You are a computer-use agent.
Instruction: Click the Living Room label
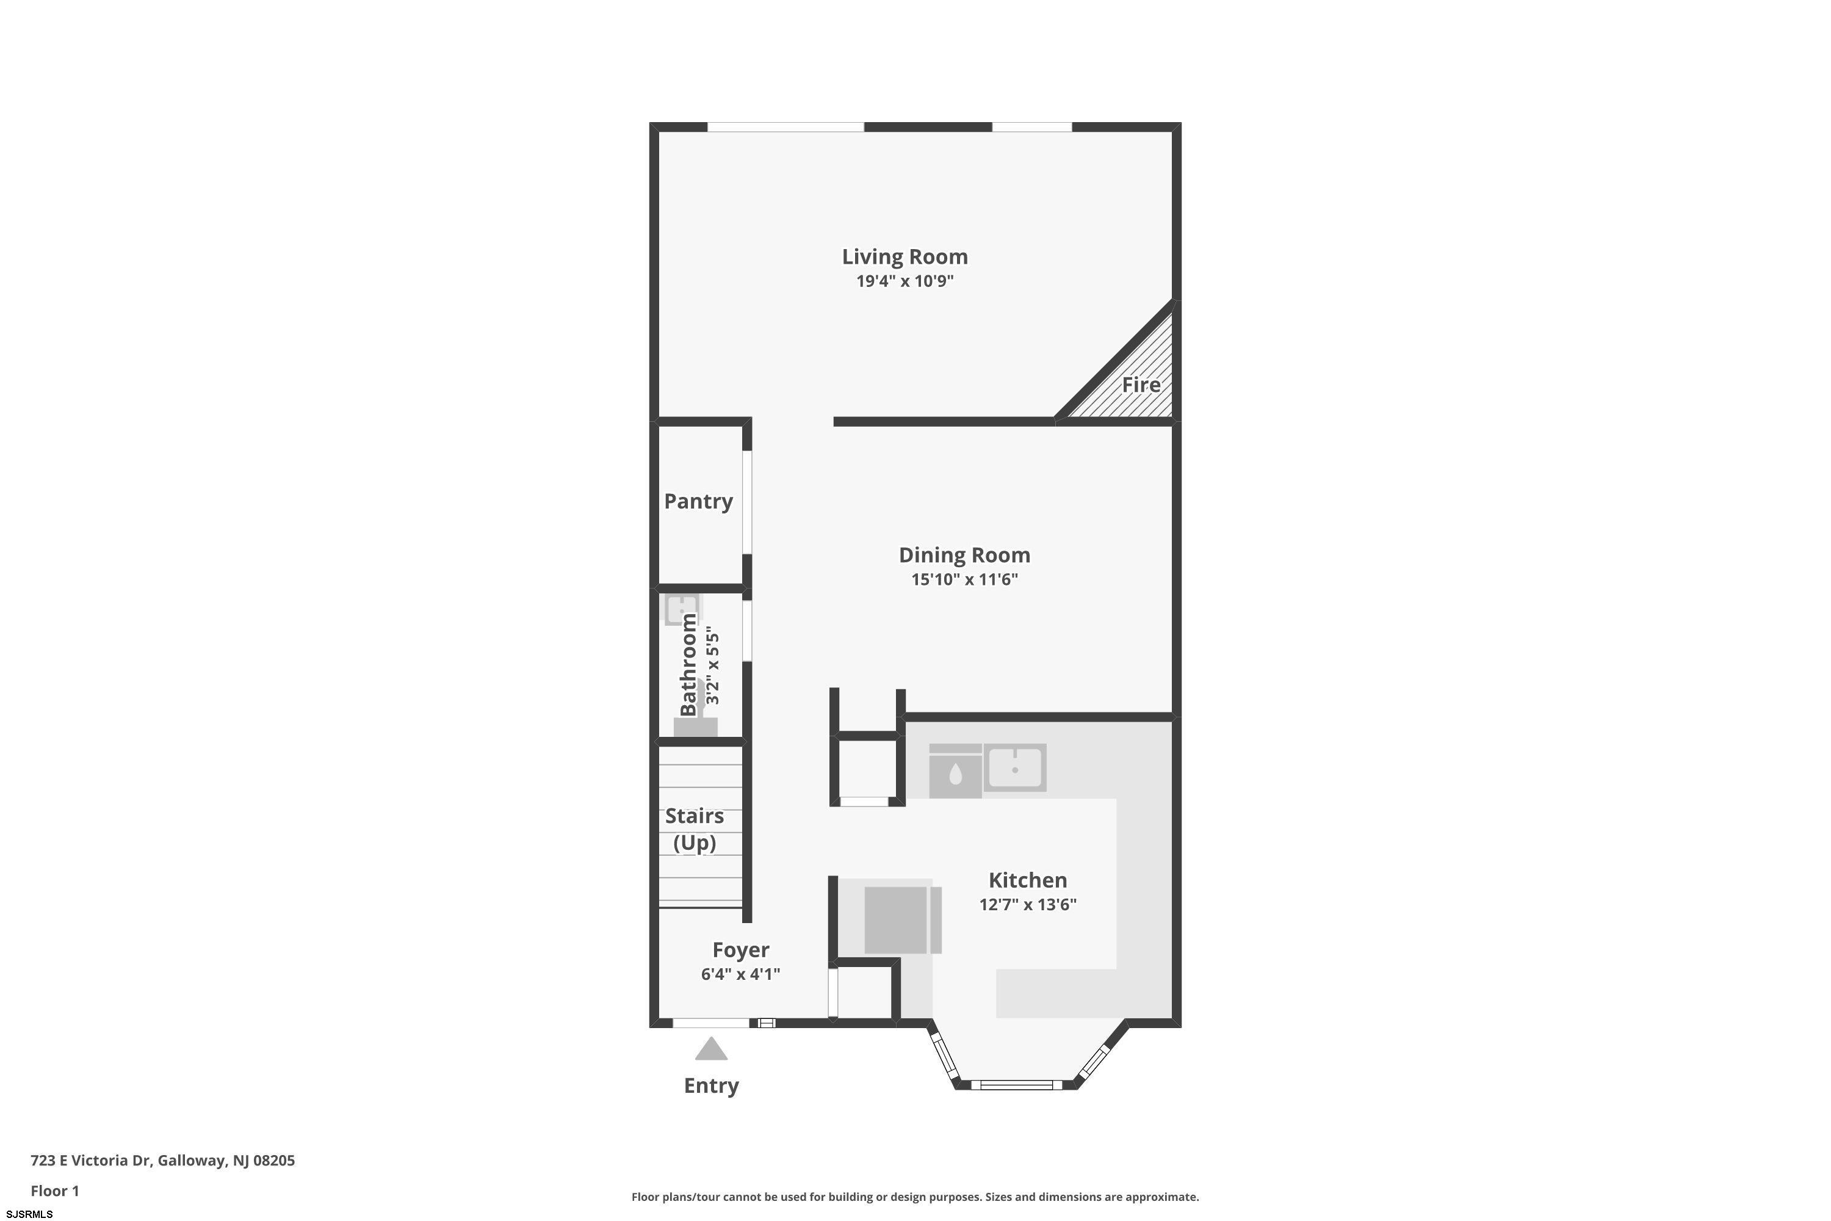coord(905,257)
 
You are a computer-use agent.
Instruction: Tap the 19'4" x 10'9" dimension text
coord(905,281)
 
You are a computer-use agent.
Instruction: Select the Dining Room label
coord(964,555)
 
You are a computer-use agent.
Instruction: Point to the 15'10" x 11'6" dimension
coord(964,579)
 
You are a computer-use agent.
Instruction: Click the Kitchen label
coord(1028,880)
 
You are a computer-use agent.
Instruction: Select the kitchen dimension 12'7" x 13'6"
coord(1028,905)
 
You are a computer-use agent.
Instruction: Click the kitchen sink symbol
coord(1015,768)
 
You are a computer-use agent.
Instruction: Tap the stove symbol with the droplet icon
coord(955,771)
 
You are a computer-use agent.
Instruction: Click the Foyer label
coord(741,950)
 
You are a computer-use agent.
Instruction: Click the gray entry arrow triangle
coord(712,1048)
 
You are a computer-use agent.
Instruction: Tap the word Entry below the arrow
coord(712,1086)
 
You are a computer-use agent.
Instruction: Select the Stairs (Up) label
coord(695,829)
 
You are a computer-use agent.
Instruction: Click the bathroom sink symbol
coord(681,609)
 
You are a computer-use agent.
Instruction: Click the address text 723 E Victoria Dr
coord(90,1161)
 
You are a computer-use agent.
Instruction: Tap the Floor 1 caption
coord(54,1190)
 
